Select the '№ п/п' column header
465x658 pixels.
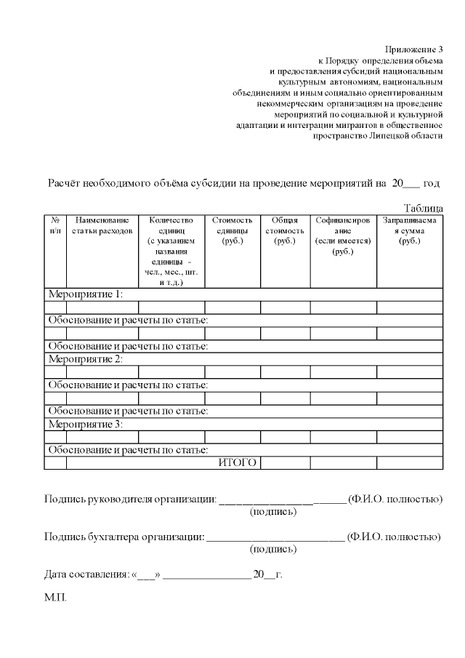click(x=55, y=225)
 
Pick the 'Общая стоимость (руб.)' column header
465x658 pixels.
click(x=285, y=230)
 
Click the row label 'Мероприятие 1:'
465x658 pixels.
click(x=85, y=294)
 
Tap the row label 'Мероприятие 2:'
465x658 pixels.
click(x=85, y=359)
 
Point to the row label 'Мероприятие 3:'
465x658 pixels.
click(x=85, y=424)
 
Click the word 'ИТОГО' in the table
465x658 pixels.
click(x=238, y=463)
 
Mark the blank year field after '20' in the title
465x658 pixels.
click(x=411, y=185)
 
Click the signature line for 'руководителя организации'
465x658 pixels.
click(x=282, y=500)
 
